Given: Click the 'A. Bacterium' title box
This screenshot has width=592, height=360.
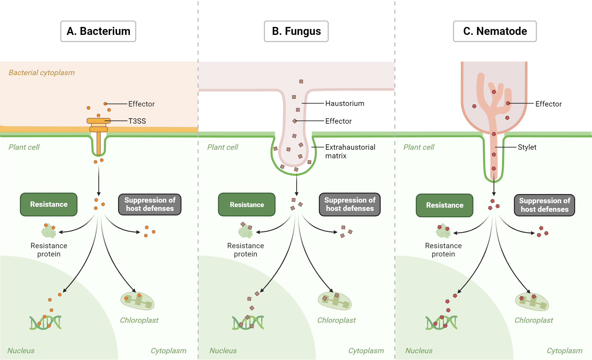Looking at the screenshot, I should tap(98, 31).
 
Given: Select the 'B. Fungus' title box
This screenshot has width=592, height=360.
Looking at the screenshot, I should tap(296, 31).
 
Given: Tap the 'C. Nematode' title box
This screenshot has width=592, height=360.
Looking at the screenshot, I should tap(495, 31).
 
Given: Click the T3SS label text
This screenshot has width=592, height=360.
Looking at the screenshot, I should tap(137, 121).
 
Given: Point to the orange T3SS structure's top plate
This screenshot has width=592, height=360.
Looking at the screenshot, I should tap(98, 121).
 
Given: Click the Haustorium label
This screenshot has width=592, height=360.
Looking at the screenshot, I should tap(345, 104).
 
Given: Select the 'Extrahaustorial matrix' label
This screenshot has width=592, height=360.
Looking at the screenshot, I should tap(350, 151).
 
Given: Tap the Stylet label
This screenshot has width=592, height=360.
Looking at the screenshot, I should tap(527, 147).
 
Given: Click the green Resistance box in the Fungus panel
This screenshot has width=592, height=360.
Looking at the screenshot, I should tap(247, 205).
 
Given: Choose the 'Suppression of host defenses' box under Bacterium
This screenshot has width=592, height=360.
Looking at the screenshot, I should tap(150, 204).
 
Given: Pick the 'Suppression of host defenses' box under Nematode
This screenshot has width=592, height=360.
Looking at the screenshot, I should tap(544, 205).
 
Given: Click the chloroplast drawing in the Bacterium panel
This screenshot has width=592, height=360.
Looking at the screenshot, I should tap(137, 301).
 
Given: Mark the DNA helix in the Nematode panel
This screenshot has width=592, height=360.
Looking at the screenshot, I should tap(441, 322).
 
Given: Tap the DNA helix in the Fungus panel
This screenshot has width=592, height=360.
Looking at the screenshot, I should tap(248, 322).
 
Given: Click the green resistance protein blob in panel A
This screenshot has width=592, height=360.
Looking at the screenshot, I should tap(49, 232).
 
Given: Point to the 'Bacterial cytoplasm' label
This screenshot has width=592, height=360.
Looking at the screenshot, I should tap(41, 73).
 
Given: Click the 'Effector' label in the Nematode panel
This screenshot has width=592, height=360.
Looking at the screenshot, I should tap(548, 104).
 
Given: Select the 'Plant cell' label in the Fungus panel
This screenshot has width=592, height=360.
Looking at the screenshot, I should tap(223, 147).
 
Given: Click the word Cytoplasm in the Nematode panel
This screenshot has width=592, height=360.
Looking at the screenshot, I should tap(564, 351).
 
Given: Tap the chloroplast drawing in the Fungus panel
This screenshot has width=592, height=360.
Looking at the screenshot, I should tap(334, 301).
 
